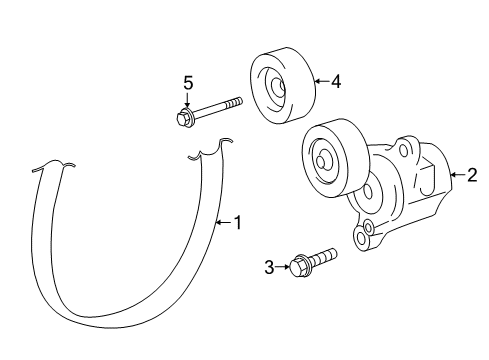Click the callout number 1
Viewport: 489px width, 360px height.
(x=237, y=223)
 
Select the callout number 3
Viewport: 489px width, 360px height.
(x=269, y=266)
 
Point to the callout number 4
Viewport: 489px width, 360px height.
(x=336, y=83)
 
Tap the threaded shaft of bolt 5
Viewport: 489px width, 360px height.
(x=220, y=108)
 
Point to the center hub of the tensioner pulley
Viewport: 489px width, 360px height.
(x=324, y=158)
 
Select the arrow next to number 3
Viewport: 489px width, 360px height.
(x=282, y=266)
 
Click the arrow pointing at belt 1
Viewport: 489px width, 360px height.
(x=223, y=223)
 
